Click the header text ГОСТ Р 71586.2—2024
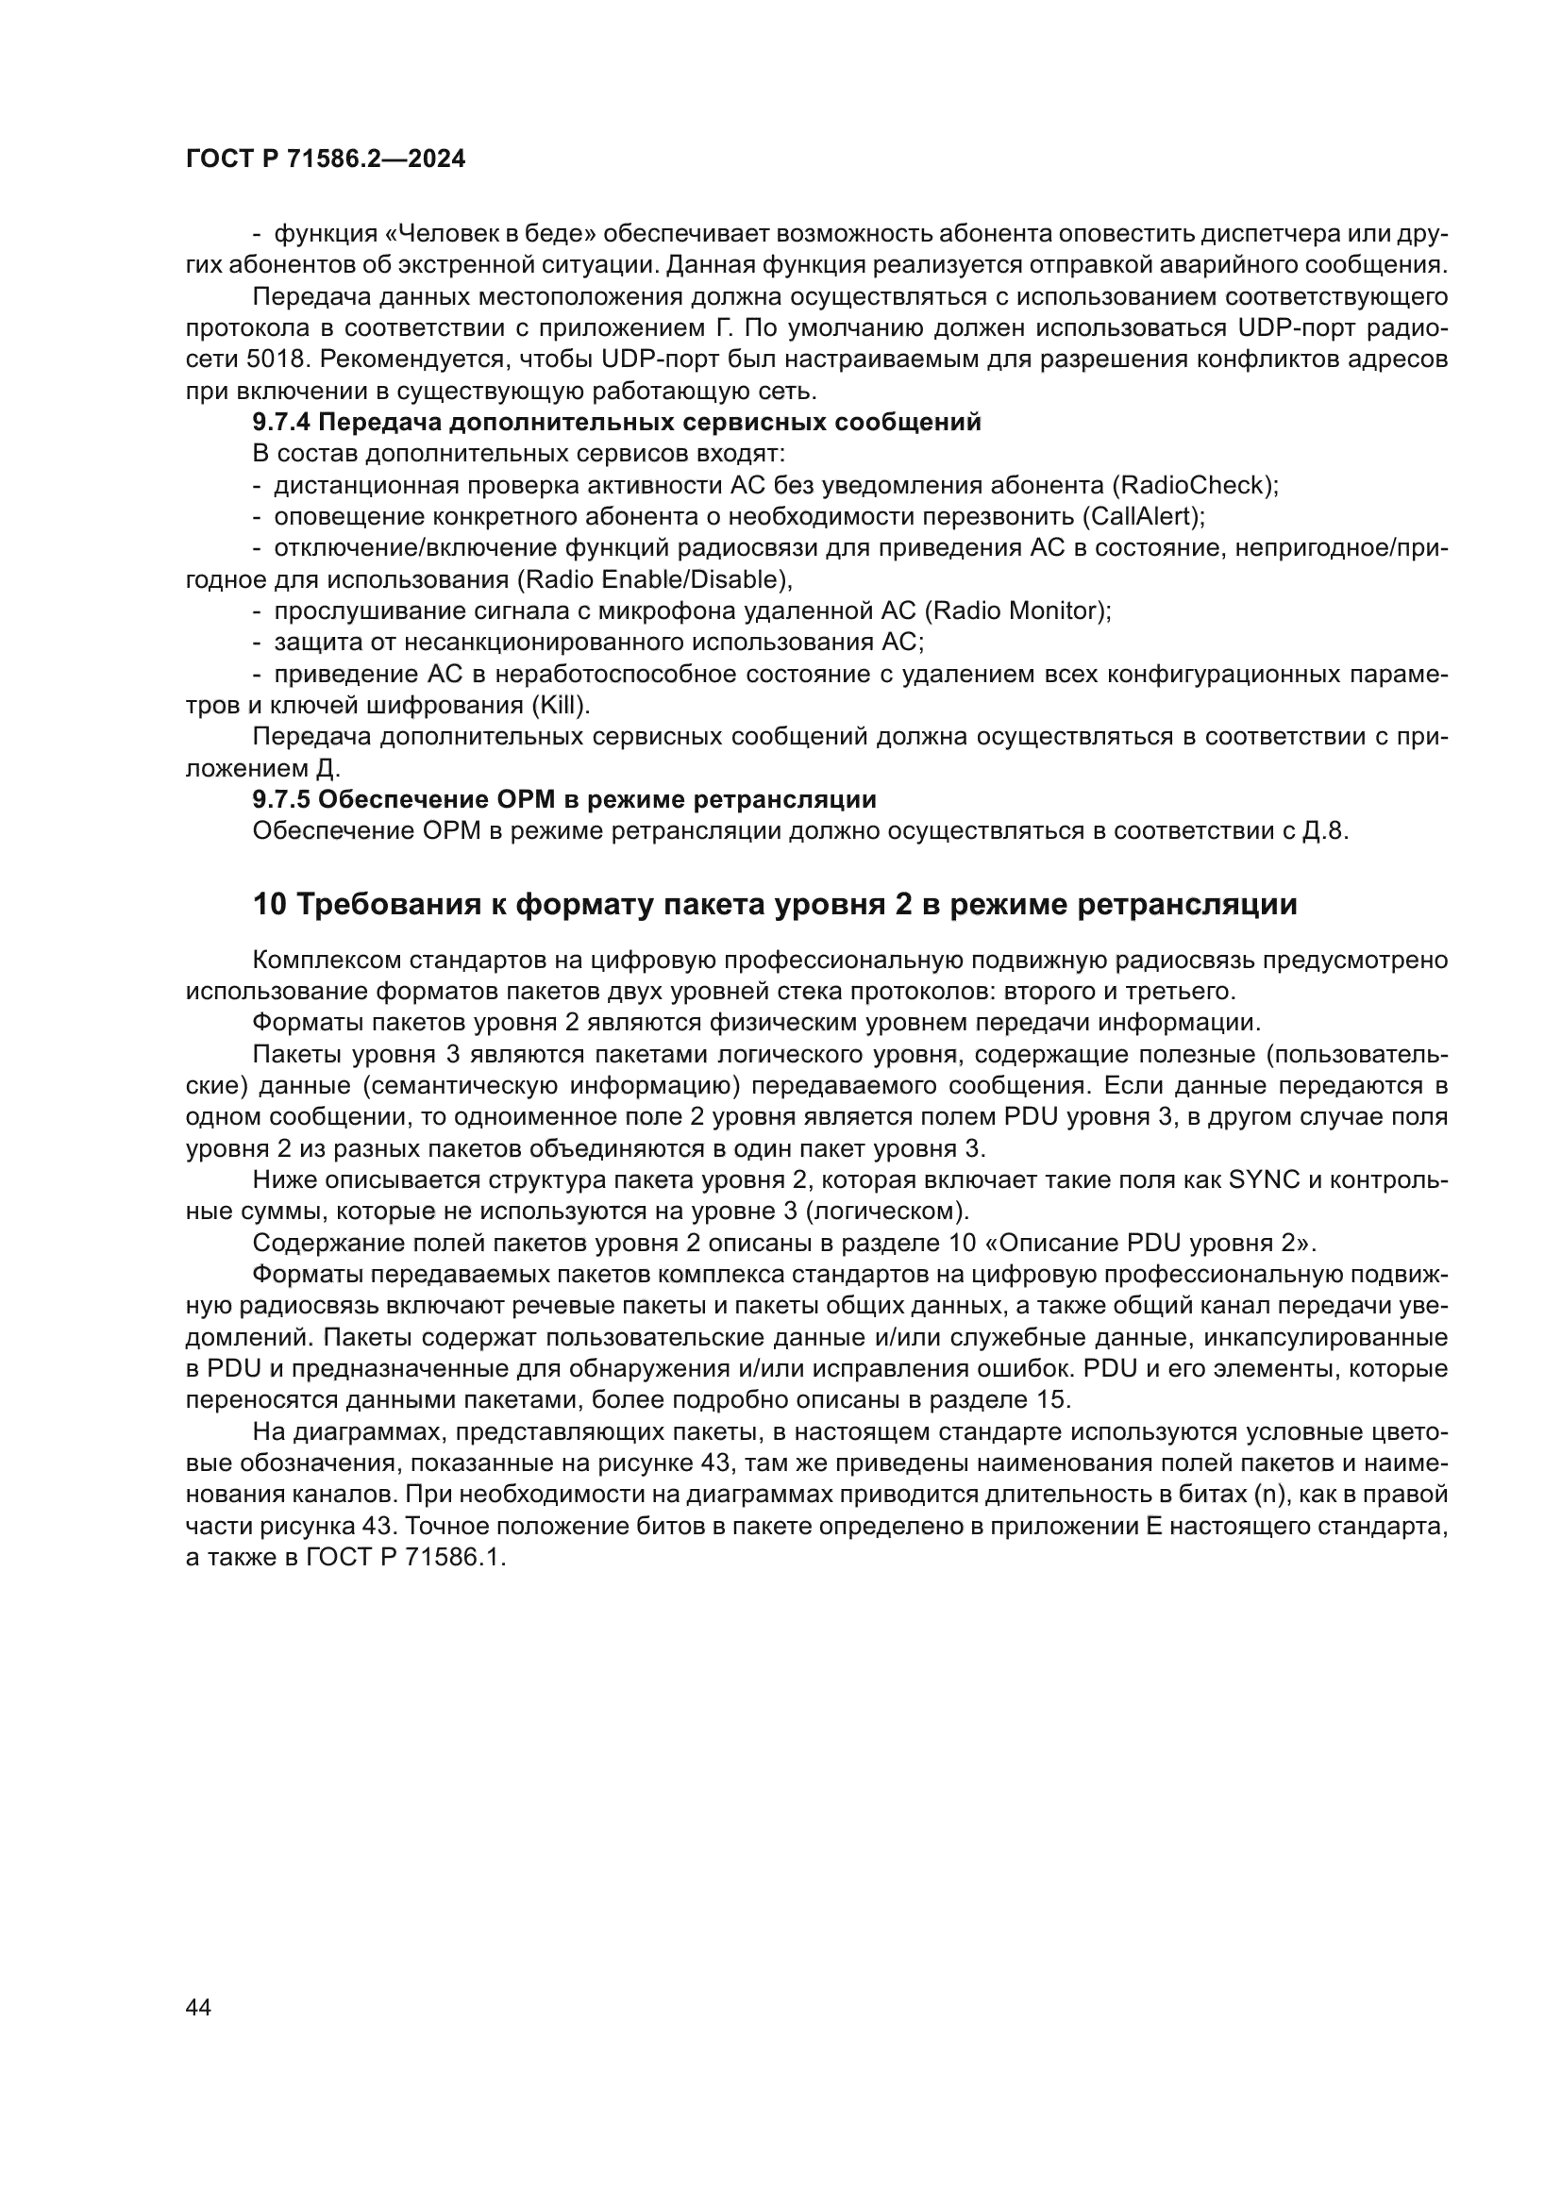pyautogui.click(x=325, y=159)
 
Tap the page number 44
pyautogui.click(x=199, y=2007)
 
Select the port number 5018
pyautogui.click(x=275, y=359)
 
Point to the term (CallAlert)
pyautogui.click(x=1143, y=517)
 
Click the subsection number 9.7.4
pyautogui.click(x=281, y=422)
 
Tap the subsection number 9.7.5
pyautogui.click(x=281, y=800)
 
